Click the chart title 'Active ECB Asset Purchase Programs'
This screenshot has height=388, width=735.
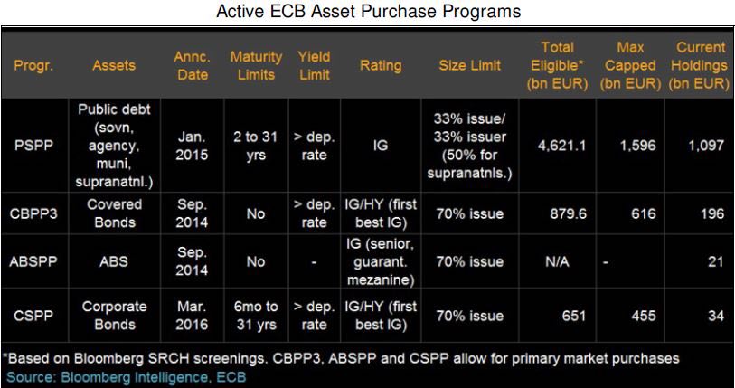(368, 11)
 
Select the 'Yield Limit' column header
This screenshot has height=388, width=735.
(314, 66)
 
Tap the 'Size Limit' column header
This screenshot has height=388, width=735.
(470, 65)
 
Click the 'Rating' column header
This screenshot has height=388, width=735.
(381, 66)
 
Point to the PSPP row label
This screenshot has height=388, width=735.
(33, 146)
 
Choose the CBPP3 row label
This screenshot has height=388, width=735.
(33, 214)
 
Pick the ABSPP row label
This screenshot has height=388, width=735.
(33, 261)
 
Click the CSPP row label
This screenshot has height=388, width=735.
(33, 316)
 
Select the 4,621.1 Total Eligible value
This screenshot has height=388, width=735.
(561, 146)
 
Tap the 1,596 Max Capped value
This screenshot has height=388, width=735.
(637, 146)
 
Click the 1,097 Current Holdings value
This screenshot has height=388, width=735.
(706, 146)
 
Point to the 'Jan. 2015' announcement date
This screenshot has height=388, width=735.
(192, 146)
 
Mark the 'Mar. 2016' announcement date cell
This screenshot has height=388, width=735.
(192, 316)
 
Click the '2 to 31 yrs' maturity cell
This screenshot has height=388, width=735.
(256, 146)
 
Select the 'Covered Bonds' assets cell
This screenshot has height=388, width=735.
(115, 213)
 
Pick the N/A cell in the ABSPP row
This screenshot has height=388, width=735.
(557, 261)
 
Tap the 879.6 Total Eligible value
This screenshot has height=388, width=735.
(568, 214)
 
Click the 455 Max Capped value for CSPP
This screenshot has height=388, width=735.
(643, 316)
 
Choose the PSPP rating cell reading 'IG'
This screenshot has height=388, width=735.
(381, 146)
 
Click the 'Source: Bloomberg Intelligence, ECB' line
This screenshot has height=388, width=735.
(126, 377)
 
